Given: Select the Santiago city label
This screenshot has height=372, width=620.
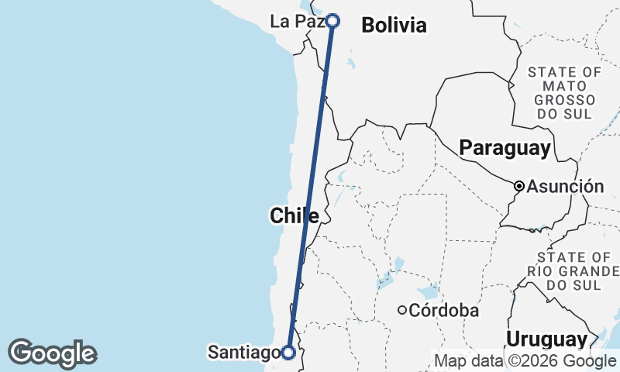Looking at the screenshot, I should point(243,353).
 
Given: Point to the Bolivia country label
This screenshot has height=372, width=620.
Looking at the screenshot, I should point(394,26).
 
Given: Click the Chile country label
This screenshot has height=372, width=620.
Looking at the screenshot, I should point(294,215).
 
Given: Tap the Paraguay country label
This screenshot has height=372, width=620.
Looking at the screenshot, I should point(505,147).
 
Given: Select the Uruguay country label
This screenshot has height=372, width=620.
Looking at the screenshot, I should point(546,339).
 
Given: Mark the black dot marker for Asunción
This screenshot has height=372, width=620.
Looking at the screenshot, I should point(519,186).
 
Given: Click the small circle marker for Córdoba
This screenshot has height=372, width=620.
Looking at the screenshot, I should point(402,311).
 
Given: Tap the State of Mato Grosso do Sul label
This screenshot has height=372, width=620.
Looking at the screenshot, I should point(563,93).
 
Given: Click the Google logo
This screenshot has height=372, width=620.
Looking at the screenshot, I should point(52,353).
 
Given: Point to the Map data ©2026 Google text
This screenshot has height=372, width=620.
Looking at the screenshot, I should point(525,360).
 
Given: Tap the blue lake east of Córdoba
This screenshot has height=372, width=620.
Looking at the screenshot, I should point(426,293).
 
